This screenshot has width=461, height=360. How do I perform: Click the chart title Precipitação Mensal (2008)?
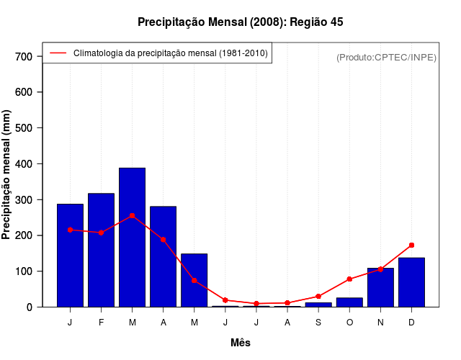click(x=240, y=22)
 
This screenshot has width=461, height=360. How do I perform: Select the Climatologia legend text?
click(x=170, y=53)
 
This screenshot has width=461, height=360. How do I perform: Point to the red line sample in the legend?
click(x=58, y=53)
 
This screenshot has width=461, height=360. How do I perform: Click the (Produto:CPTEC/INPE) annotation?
click(x=386, y=57)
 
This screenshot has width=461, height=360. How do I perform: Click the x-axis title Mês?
click(x=241, y=343)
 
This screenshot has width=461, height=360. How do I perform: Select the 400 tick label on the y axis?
click(x=24, y=164)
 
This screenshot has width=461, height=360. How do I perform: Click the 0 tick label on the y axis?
click(x=30, y=307)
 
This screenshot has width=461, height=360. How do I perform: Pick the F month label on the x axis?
click(x=102, y=322)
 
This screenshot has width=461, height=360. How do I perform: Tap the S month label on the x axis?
click(x=318, y=322)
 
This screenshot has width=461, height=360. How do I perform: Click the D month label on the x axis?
click(x=411, y=322)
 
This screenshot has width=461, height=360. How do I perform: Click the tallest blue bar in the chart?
click(x=133, y=238)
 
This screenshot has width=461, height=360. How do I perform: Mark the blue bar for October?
click(x=349, y=302)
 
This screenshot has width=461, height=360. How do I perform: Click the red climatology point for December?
click(x=411, y=246)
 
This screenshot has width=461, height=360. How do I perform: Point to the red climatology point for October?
click(x=349, y=279)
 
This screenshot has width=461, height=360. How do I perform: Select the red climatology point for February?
click(x=102, y=233)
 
